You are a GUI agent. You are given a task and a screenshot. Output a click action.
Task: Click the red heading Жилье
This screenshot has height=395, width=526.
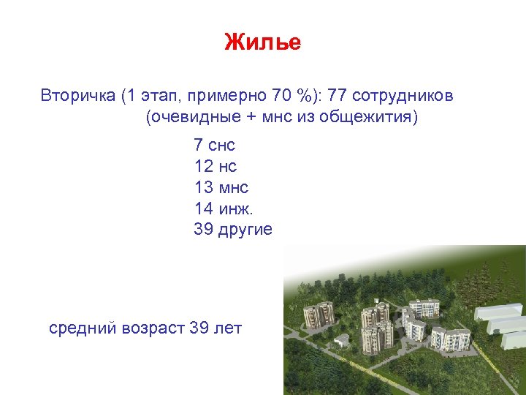[262, 42]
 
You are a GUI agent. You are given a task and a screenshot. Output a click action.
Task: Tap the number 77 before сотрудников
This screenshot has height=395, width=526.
[338, 96]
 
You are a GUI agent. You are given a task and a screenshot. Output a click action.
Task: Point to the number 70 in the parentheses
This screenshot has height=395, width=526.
[281, 96]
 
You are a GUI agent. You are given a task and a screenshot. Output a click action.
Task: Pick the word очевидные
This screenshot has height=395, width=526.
[188, 117]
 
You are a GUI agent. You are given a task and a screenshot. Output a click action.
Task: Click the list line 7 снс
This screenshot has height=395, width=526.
[214, 145]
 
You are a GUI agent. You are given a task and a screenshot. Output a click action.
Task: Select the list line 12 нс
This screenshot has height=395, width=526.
[215, 166]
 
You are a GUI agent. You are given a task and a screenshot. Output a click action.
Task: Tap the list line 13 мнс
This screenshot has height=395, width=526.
[221, 187]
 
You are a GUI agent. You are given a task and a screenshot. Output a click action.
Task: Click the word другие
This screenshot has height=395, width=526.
[245, 230]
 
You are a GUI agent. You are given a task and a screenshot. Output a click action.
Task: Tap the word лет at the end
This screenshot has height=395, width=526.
[227, 328]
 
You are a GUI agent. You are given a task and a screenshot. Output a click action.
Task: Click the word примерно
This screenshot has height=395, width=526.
[229, 96]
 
